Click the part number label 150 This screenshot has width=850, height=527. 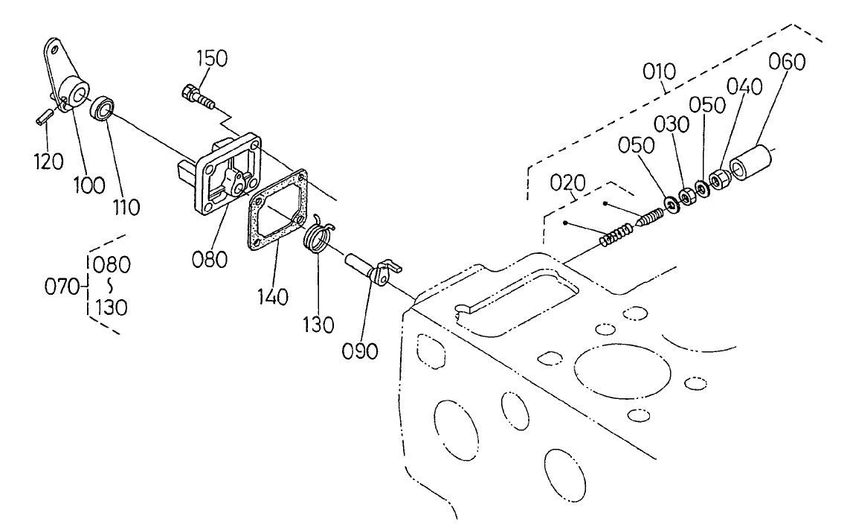point(213,59)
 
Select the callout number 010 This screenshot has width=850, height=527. point(660,71)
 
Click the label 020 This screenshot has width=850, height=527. point(569,183)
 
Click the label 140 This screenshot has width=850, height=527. point(273,297)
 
